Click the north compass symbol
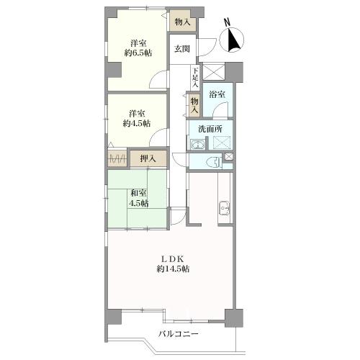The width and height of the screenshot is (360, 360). [232, 38]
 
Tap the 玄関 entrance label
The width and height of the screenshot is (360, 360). [182, 49]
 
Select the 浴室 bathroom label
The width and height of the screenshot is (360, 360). [217, 94]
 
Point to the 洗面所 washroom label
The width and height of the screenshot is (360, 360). [210, 129]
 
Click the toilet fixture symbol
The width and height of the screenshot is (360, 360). [215, 162]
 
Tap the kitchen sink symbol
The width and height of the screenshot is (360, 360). [224, 208]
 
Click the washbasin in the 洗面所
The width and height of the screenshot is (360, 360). [197, 145]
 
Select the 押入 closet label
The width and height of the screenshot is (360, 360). [148, 158]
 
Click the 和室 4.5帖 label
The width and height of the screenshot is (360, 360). [138, 198]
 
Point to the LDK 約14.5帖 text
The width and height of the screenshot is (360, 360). [173, 264]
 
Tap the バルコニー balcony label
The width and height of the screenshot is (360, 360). [179, 334]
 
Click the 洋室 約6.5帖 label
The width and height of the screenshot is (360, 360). [138, 48]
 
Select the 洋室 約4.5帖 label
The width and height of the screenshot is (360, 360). [137, 118]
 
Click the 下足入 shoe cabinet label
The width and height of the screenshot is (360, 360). [196, 78]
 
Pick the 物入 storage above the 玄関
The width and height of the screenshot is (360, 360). [183, 22]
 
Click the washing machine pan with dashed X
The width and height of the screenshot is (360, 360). [221, 143]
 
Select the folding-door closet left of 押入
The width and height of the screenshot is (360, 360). [117, 158]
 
